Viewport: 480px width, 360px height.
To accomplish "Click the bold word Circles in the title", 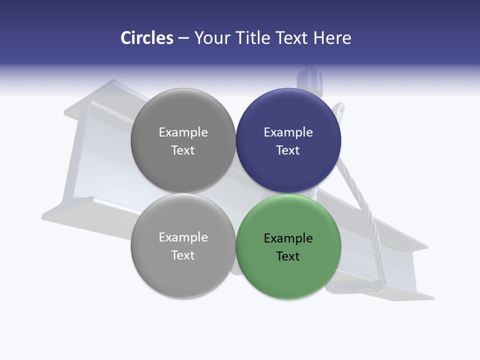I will coord(147,38).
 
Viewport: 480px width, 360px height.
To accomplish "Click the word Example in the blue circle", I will coord(288,132).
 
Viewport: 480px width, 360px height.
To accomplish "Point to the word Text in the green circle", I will coord(288,256).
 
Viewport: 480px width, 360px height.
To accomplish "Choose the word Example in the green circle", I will coord(288,238).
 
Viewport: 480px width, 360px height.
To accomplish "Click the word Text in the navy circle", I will coord(288,150).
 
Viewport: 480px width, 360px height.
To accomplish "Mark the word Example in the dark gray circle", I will coord(183,132).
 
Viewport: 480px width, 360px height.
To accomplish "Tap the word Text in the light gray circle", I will coord(183,255).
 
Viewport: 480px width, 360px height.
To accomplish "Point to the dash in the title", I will coord(183,38).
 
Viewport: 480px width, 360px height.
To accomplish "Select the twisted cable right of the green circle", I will coord(367,220).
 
